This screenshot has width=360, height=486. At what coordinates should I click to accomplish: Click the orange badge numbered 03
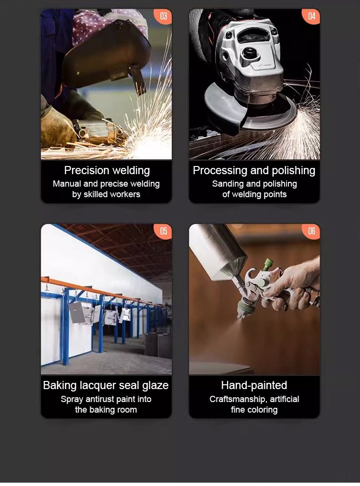coord(163,16)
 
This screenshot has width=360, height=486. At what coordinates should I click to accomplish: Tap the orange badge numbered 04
coord(312,16)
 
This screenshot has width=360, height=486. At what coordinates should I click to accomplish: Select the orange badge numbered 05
coord(163,231)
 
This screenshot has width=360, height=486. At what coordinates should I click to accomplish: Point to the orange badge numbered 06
coord(312,231)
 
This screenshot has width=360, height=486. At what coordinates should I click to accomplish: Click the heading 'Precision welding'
coord(107,170)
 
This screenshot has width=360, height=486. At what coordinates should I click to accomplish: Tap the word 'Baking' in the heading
coord(60,385)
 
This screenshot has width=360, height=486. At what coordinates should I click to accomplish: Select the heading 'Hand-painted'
coord(254,385)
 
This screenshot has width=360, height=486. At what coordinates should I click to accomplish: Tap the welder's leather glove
coord(58,128)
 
